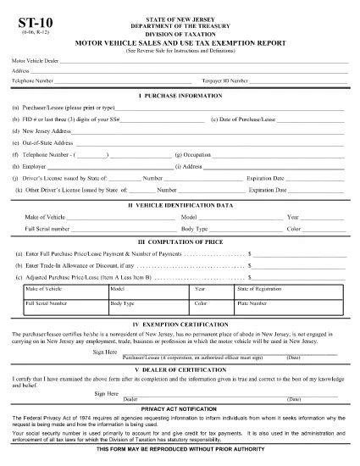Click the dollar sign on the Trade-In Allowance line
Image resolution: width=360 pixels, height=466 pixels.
click(250, 265)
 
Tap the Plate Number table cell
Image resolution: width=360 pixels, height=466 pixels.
click(252, 302)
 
